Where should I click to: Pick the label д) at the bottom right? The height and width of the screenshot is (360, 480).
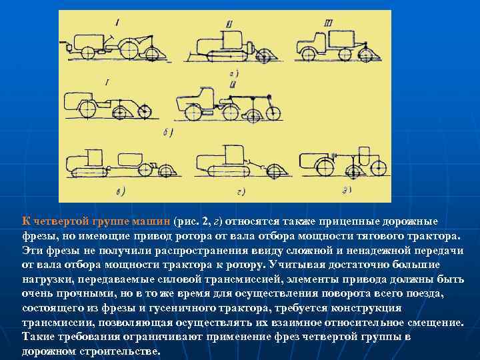coord(347,191)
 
